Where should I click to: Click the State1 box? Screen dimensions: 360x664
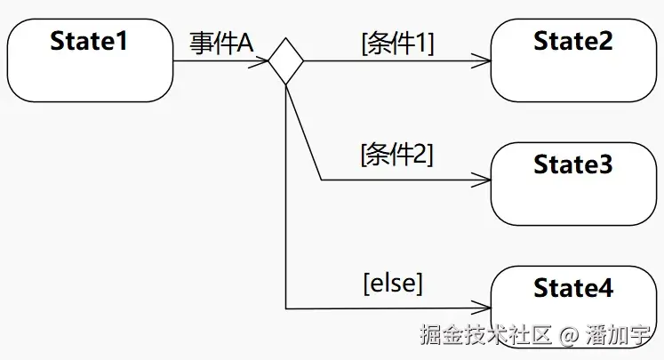pos(89,60)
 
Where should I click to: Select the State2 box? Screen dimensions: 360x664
pos(572,60)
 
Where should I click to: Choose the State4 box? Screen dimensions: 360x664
pos(572,307)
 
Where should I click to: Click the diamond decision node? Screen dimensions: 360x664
pos(286,60)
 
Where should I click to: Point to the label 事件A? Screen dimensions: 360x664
pos(221,43)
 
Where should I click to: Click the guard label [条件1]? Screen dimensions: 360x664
pos(397,44)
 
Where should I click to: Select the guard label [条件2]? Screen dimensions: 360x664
pos(396,155)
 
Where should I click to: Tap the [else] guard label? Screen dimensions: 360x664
pos(393,284)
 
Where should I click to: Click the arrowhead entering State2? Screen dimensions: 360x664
pos(484,60)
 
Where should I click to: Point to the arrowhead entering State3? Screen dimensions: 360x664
pos(484,180)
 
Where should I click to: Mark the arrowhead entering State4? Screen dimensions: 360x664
pos(484,308)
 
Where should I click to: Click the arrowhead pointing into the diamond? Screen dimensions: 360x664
pos(262,60)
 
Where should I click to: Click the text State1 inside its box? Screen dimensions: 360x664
pos(89,41)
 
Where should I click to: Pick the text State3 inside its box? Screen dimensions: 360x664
pos(572,164)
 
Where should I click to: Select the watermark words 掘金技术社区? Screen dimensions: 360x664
pos(486,336)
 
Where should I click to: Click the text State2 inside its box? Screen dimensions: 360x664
pos(572,41)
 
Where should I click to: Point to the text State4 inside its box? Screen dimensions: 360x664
pos(572,288)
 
